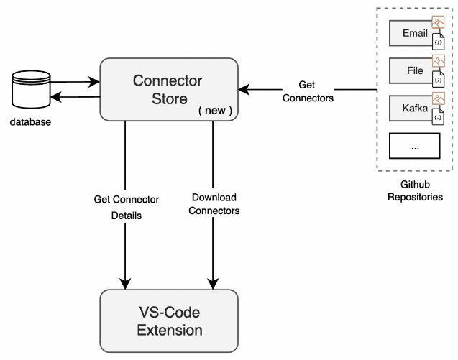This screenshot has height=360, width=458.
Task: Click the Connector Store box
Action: [168, 89]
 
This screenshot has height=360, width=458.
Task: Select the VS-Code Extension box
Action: [169, 321]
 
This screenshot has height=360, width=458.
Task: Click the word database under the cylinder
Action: [30, 122]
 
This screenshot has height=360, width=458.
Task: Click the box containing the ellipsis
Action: [414, 146]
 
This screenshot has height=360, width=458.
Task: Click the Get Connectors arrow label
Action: [307, 91]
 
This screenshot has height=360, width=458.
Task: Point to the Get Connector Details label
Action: [126, 206]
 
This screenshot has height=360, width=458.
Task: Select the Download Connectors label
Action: [213, 204]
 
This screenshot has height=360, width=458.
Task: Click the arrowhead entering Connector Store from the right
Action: [244, 90]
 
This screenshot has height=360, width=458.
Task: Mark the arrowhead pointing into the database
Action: [54, 97]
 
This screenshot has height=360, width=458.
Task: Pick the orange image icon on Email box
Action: [438, 23]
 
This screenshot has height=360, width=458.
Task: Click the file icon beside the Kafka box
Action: [439, 118]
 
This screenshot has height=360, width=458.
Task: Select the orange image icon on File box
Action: [438, 61]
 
